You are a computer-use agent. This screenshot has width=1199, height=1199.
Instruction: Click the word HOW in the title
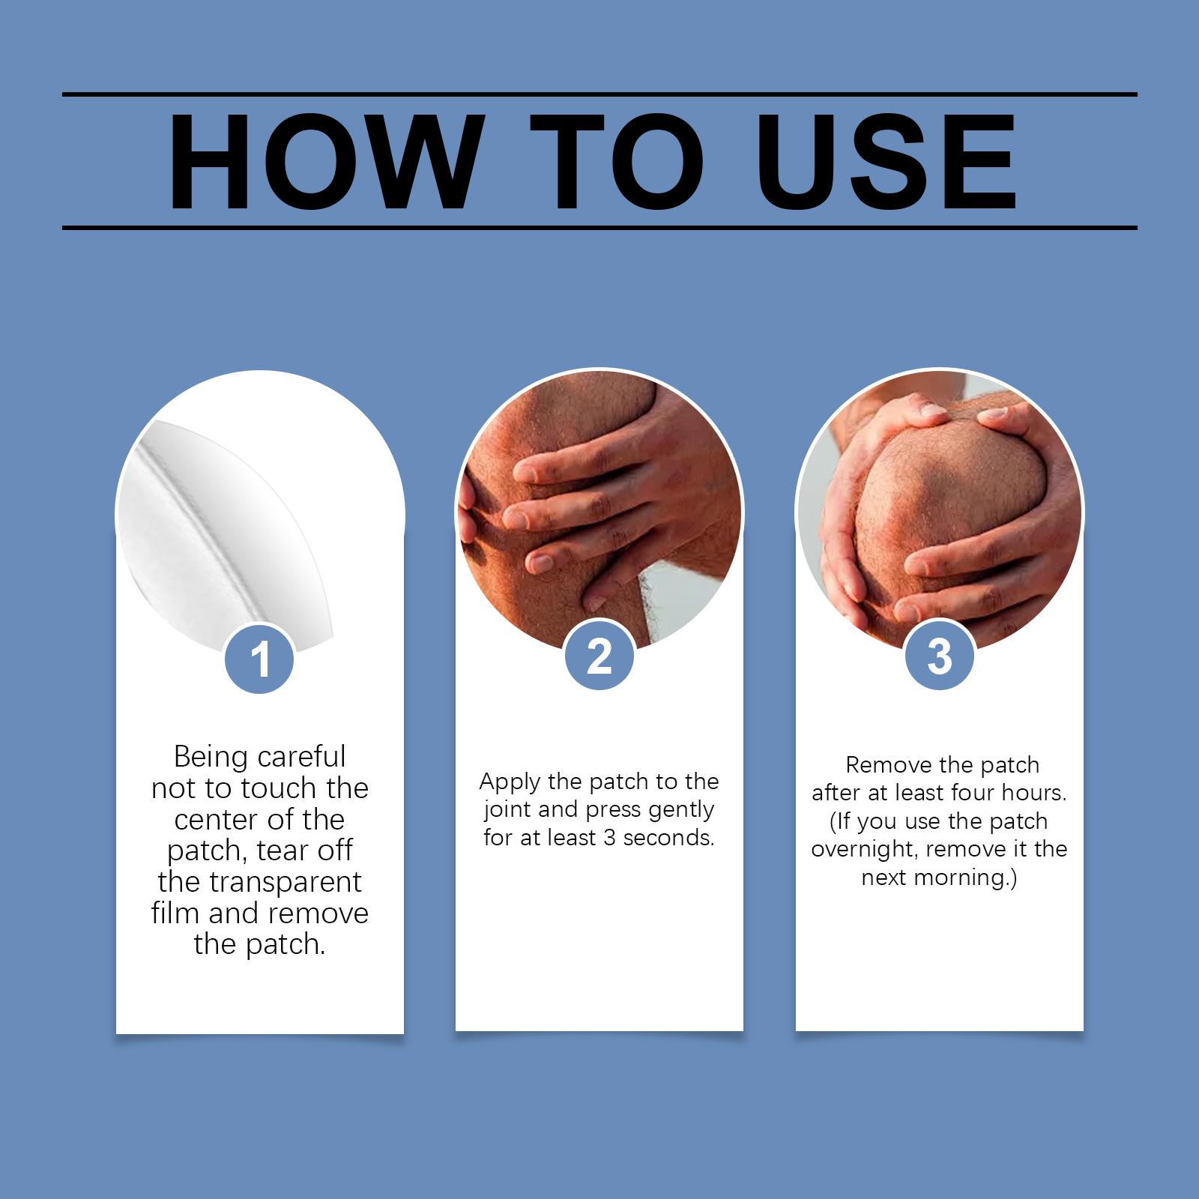(x=321, y=163)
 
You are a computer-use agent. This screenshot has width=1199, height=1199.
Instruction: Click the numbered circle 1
(x=260, y=659)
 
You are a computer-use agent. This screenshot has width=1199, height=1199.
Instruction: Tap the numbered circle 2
(x=599, y=657)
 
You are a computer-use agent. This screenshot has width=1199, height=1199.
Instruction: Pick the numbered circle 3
(x=940, y=657)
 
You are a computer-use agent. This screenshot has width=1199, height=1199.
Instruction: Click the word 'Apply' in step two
(x=509, y=782)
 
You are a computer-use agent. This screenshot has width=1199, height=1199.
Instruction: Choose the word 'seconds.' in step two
(x=669, y=838)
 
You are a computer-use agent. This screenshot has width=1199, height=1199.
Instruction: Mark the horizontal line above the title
(x=599, y=94)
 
